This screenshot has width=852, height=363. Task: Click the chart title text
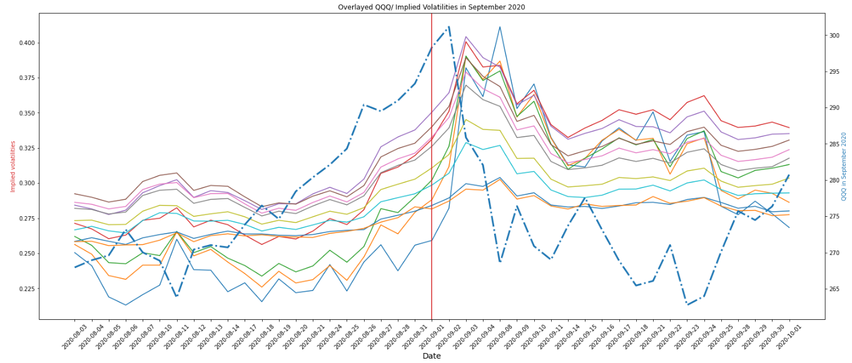431,7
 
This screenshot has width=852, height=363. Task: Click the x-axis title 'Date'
431,356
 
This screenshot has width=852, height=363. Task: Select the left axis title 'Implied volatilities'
13,166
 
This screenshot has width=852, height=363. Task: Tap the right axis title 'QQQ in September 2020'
844,166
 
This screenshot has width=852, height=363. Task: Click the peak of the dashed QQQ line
449,27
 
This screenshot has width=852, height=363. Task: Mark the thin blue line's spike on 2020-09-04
500,27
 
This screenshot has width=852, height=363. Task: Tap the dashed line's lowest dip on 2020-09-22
687,304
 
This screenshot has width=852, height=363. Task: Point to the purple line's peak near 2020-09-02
465,37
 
